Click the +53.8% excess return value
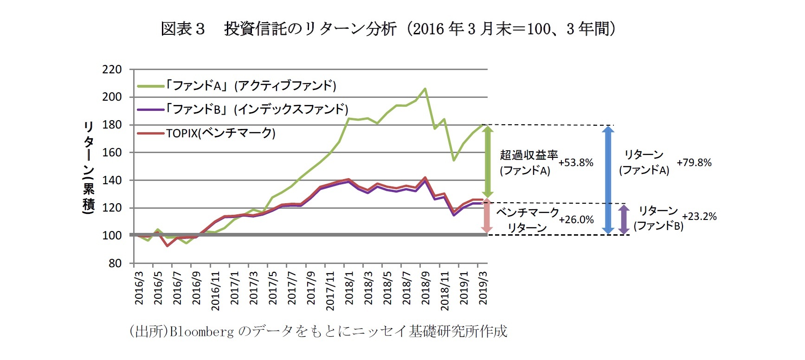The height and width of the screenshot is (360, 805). click(x=576, y=163)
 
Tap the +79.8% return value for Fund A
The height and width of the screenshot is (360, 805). click(x=694, y=163)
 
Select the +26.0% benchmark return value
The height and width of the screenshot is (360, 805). click(x=576, y=220)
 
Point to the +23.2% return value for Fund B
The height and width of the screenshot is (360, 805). click(x=699, y=217)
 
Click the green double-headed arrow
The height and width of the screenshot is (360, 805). click(x=487, y=161)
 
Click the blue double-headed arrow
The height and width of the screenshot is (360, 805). click(x=608, y=180)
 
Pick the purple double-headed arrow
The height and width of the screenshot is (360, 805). click(x=624, y=219)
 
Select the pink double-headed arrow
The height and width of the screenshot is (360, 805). click(x=486, y=216)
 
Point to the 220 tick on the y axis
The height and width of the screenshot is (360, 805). click(x=112, y=70)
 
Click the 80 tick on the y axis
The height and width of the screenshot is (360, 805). click(x=115, y=264)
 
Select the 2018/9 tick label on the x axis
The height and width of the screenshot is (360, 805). click(x=425, y=288)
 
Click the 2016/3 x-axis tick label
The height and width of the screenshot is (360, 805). click(x=139, y=288)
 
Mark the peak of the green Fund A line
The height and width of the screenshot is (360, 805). click(x=425, y=89)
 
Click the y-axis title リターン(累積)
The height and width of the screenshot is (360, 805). click(x=89, y=167)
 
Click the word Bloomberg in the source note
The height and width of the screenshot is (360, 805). click(x=201, y=332)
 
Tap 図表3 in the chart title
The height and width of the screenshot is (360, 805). click(x=182, y=29)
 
